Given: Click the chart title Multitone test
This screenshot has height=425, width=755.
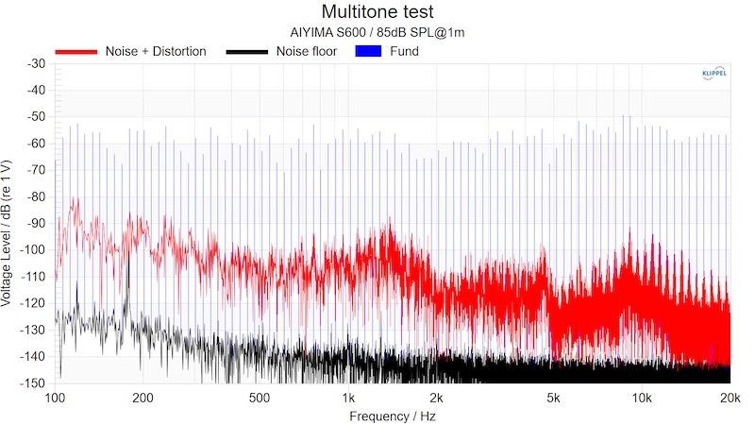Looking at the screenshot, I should click(377, 12).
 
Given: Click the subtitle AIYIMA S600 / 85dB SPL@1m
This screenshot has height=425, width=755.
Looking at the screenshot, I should click(377, 32).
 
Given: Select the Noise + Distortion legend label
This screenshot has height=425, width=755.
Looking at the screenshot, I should click(155, 51).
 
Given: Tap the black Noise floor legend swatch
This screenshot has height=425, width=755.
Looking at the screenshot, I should click(247, 51).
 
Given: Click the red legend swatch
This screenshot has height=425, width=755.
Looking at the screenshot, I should click(75, 51).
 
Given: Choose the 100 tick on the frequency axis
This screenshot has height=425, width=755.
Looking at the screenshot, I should click(56, 398).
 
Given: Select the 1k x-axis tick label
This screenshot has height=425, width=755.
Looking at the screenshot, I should click(349, 398).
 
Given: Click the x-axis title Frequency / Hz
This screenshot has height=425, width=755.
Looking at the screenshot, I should click(393, 416).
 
